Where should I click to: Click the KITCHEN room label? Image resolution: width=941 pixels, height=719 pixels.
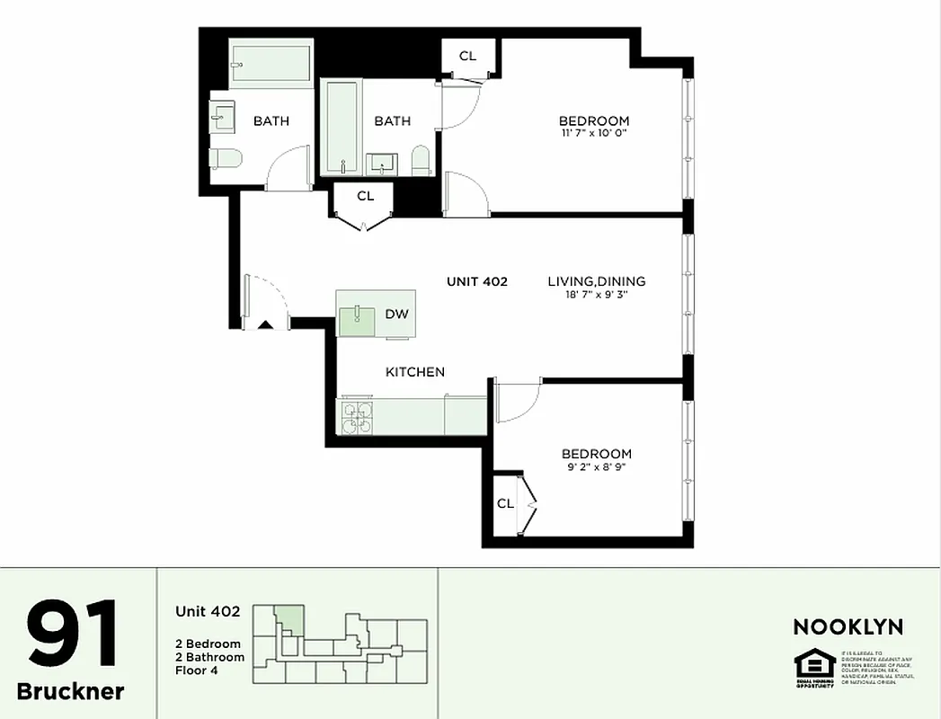414,372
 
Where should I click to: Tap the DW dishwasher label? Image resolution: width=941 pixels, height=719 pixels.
396,315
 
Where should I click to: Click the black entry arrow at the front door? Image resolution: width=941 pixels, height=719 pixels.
265,325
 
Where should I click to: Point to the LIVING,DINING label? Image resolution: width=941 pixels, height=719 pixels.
597,281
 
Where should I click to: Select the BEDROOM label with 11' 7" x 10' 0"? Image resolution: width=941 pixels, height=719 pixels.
593,121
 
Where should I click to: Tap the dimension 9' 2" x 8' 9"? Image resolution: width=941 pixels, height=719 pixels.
596,467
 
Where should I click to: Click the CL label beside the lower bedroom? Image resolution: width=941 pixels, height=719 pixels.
505,503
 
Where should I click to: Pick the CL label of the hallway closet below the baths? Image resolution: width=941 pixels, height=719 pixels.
365,196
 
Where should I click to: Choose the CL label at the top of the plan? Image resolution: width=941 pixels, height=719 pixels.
467,56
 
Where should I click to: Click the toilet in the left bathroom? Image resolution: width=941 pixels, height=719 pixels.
226,159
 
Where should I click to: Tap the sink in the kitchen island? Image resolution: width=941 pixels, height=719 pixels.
359,315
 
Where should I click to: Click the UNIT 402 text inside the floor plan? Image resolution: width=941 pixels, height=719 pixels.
476,281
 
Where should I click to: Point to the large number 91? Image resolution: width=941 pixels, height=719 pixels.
72,635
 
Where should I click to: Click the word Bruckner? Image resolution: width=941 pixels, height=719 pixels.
71,691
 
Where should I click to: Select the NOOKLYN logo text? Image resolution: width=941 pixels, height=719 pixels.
847,626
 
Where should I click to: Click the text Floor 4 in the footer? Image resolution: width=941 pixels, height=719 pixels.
198,670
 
